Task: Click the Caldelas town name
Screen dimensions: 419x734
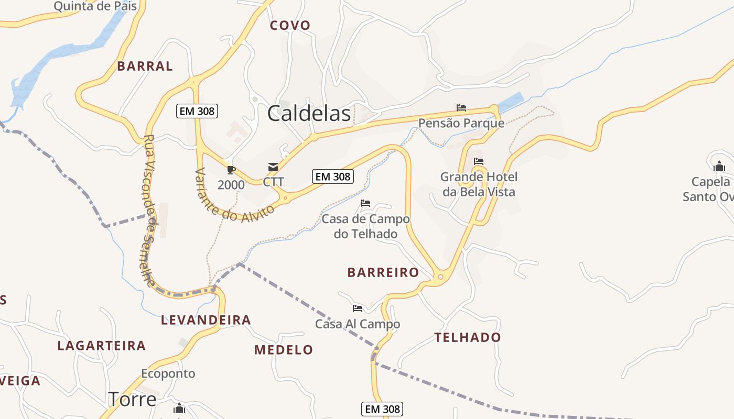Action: (309, 114)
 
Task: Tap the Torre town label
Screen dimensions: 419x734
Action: (132, 399)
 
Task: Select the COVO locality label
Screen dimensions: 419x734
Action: (290, 25)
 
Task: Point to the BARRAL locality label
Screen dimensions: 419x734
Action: (145, 66)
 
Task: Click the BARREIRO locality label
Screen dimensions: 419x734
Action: (383, 272)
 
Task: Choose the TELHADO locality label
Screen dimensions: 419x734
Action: (468, 337)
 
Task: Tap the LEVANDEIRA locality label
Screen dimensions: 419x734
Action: (206, 320)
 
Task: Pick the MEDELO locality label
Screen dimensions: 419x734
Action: (284, 350)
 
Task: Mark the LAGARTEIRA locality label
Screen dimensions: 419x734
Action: (102, 346)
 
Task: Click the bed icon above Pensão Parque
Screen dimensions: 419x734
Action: (461, 108)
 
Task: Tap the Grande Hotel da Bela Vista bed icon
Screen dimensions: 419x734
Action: (479, 161)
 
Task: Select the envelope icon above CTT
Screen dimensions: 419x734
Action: (273, 167)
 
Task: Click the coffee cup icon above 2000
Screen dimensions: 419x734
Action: (231, 170)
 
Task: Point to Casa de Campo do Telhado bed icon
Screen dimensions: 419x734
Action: (365, 203)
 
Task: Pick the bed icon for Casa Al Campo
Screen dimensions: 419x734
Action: (358, 308)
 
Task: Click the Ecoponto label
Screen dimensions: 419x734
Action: (168, 373)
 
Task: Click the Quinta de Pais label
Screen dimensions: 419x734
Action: (95, 6)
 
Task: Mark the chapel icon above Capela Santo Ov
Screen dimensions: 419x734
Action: (719, 167)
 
